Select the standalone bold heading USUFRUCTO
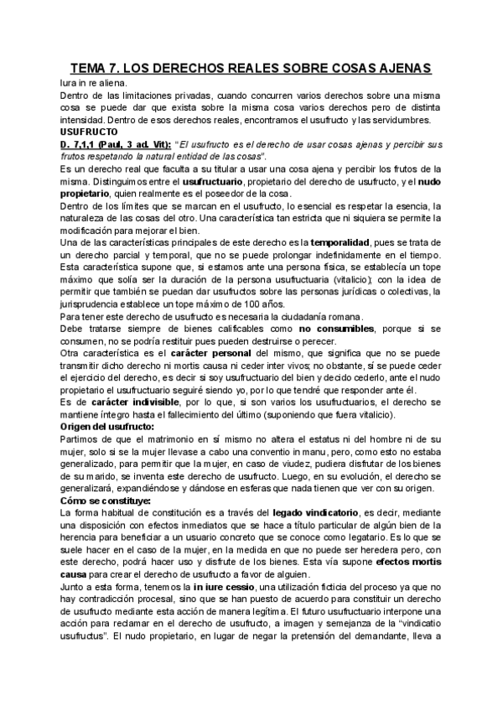81,132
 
